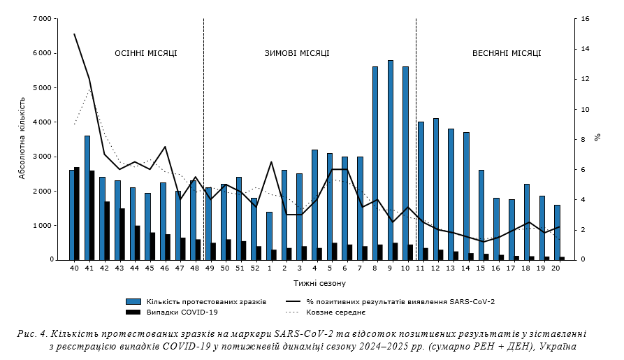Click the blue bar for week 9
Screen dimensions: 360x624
pyautogui.click(x=390, y=160)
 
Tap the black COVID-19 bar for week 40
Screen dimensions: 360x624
pyautogui.click(x=77, y=213)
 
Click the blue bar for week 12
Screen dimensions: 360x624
pyautogui.click(x=435, y=189)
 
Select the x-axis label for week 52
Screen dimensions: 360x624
pyautogui.click(x=254, y=268)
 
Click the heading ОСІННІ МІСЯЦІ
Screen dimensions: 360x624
pyautogui.click(x=146, y=53)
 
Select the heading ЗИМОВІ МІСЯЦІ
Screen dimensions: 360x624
pyautogui.click(x=297, y=53)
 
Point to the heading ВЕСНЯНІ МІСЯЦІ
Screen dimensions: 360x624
pyautogui.click(x=507, y=53)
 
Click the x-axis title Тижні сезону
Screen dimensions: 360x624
pyautogui.click(x=319, y=283)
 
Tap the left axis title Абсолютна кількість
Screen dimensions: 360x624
pyautogui.click(x=22, y=139)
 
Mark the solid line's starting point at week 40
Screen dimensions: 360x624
pyautogui.click(x=74, y=34)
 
